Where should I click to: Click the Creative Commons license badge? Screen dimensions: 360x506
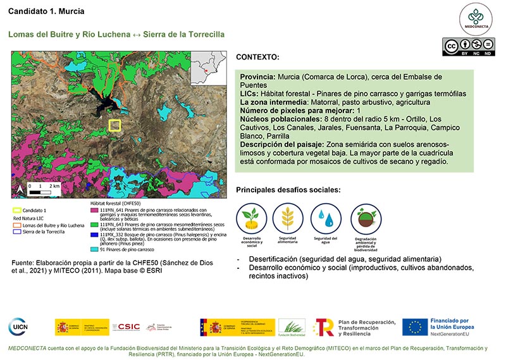pos(468,47)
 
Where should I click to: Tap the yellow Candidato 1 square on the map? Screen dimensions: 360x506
pos(114,125)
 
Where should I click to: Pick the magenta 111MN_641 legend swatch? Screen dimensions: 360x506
pos(94,211)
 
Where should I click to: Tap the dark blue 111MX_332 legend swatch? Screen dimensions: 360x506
pos(94,235)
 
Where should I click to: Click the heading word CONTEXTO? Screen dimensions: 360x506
pos(257,57)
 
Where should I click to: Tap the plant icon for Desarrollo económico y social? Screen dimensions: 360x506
pos(251,218)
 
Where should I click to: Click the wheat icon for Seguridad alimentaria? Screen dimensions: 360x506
pos(288,218)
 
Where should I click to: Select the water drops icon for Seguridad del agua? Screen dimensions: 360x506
pos(326,218)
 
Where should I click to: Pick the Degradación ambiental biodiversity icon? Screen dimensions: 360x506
pos(366,218)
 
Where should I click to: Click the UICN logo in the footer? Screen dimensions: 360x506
pos(18,326)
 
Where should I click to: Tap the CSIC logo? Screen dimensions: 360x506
pos(125,327)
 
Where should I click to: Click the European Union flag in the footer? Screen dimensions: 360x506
pos(415,327)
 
